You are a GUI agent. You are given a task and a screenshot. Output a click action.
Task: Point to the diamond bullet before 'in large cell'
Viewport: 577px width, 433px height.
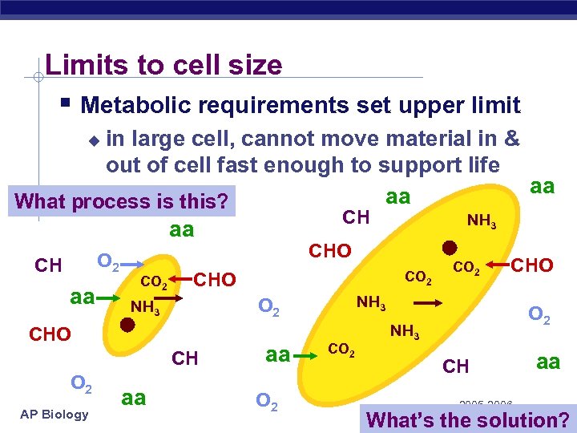[94, 141]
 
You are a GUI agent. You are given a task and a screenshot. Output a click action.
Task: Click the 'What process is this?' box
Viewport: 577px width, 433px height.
[122, 200]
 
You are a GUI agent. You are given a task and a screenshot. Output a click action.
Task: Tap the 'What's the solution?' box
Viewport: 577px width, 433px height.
[467, 419]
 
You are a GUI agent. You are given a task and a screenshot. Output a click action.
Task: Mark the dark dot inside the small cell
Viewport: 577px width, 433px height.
[127, 325]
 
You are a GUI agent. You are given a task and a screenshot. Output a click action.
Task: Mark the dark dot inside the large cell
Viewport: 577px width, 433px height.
[450, 246]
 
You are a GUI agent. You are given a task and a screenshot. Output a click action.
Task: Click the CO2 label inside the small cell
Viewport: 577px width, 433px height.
[154, 281]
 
